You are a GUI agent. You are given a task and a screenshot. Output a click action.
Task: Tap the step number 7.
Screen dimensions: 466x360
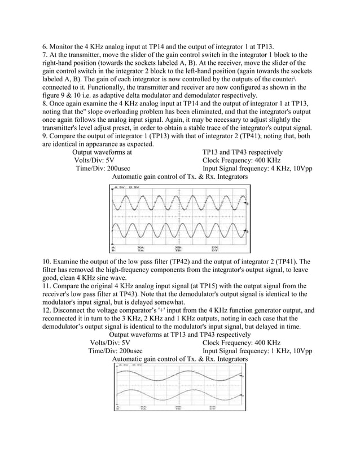[46, 54]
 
